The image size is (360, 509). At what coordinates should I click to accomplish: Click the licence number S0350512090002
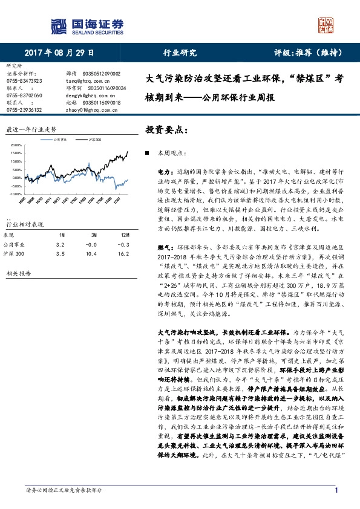tap(101, 73)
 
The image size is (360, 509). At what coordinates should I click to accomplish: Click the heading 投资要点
tap(164, 129)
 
